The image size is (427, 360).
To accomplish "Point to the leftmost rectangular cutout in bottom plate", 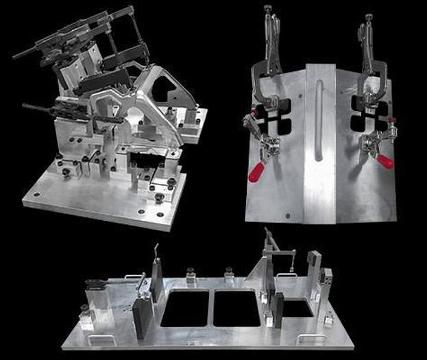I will coord(184,309).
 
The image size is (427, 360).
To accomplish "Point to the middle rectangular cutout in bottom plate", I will coord(236,308).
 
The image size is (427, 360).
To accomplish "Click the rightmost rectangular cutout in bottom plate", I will coord(296,309).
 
